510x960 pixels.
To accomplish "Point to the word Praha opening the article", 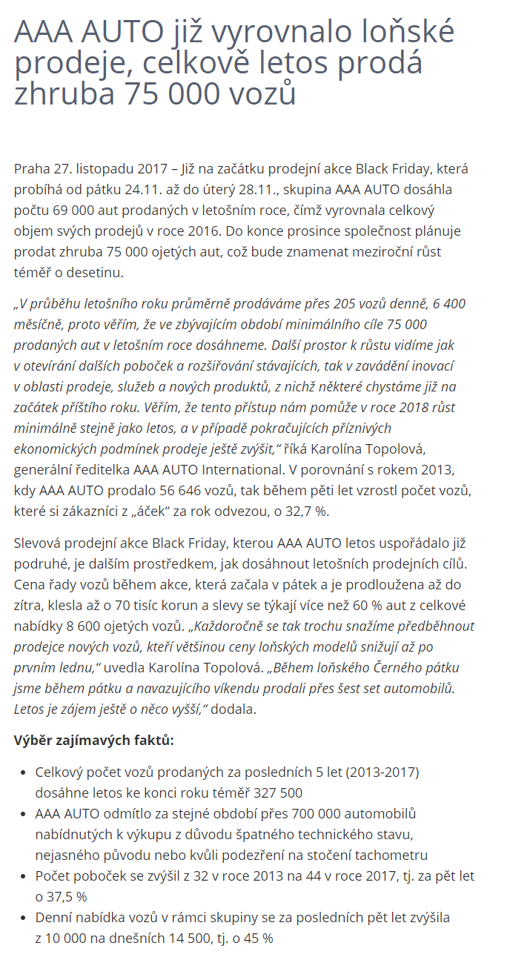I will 32,168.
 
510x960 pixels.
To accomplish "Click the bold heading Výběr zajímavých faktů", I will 94,740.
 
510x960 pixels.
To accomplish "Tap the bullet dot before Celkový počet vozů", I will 22,772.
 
